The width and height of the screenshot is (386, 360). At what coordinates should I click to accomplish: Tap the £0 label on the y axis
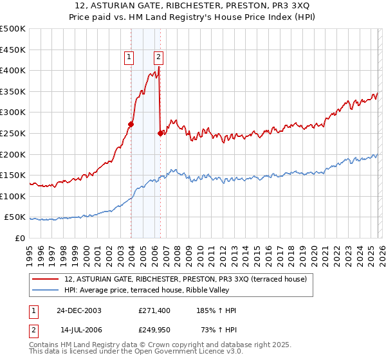(21, 239)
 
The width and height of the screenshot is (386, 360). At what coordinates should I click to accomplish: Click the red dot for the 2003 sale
(131, 124)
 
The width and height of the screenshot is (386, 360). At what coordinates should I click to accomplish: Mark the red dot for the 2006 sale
(160, 133)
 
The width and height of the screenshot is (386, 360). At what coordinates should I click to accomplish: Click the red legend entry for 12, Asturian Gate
(188, 279)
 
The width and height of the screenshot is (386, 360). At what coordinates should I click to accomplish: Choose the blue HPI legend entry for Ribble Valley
(169, 290)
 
